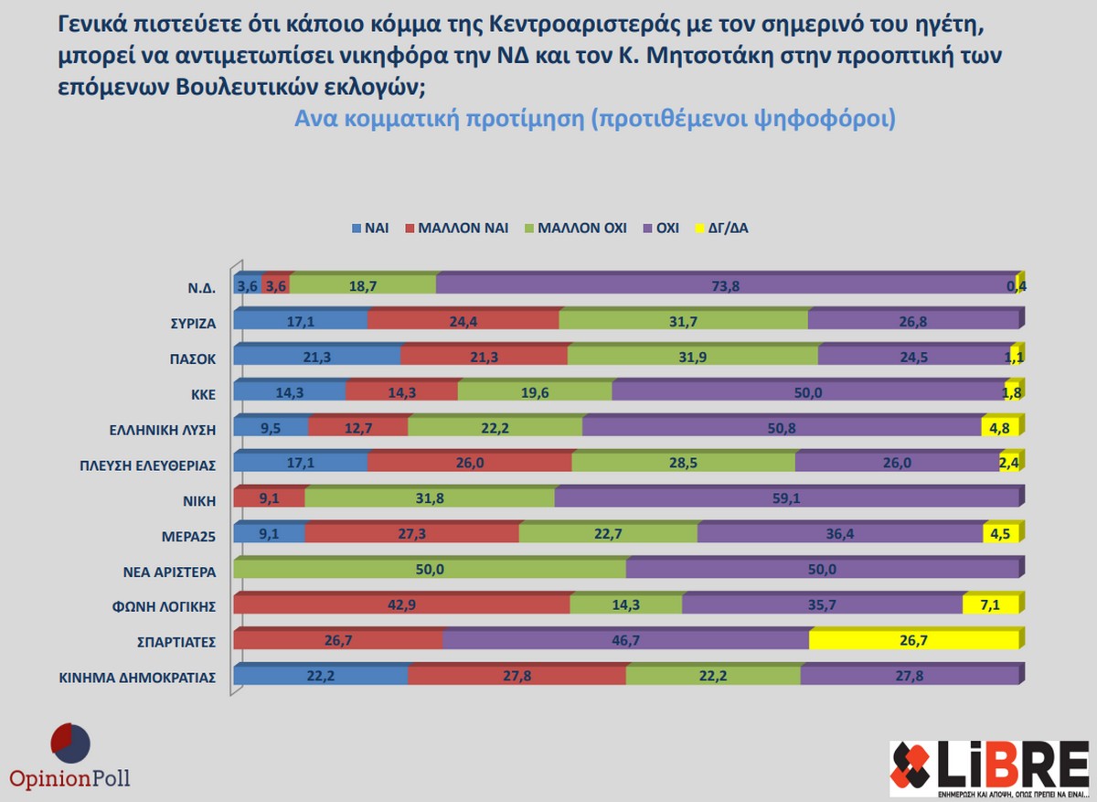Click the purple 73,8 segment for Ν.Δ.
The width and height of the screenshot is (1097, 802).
point(727,285)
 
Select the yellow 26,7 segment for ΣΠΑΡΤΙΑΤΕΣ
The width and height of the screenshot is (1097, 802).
point(914,641)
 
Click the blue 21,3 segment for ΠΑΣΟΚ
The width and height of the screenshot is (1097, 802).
point(317,357)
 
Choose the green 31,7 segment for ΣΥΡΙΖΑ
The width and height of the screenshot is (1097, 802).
point(684,321)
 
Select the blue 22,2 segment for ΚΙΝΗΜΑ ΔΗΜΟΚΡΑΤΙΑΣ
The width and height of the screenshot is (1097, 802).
point(321,677)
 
